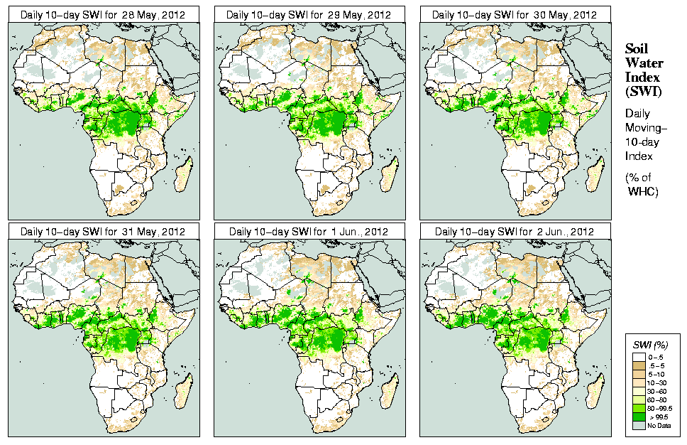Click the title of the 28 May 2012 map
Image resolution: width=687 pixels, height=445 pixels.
click(103, 15)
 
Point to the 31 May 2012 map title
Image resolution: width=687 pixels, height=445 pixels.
click(103, 231)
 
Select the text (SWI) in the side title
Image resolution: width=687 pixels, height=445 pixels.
click(642, 91)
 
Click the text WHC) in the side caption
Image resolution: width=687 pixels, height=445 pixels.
click(644, 192)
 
